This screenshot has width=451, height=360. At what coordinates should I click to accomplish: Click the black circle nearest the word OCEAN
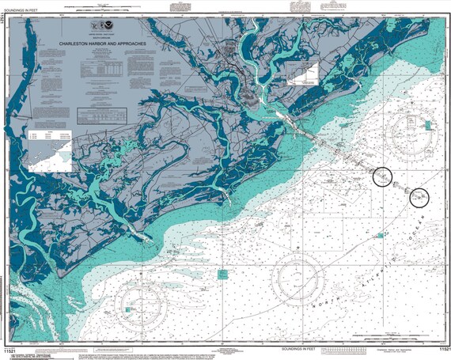coord(419,198)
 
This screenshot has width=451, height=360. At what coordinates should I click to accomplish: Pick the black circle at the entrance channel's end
coord(383,176)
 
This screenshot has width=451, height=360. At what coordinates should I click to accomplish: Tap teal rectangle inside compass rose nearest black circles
coord(427,125)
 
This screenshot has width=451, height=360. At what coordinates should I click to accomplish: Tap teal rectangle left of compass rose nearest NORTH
coord(223,274)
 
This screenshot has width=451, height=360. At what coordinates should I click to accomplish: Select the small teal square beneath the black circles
coord(381,235)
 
